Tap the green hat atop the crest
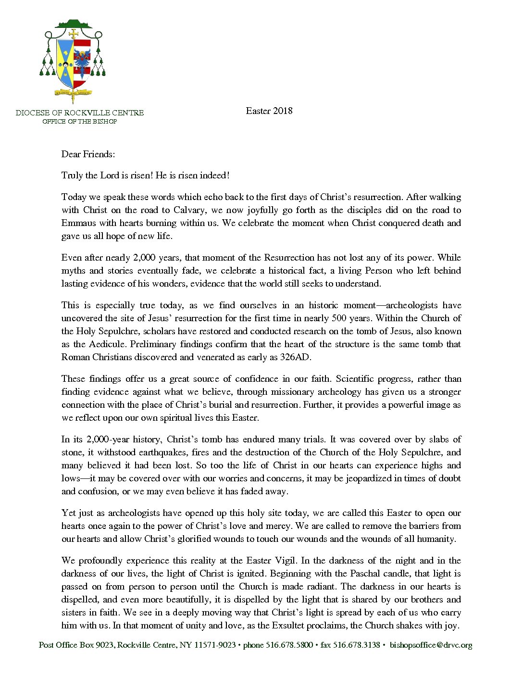pos(74,24)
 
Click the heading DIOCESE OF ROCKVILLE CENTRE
pos(80,113)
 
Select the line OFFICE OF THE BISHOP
pos(80,122)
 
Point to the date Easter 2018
pos(269,111)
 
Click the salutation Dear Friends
pos(88,154)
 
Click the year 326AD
pos(296,357)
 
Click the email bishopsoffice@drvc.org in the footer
pos(431,645)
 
